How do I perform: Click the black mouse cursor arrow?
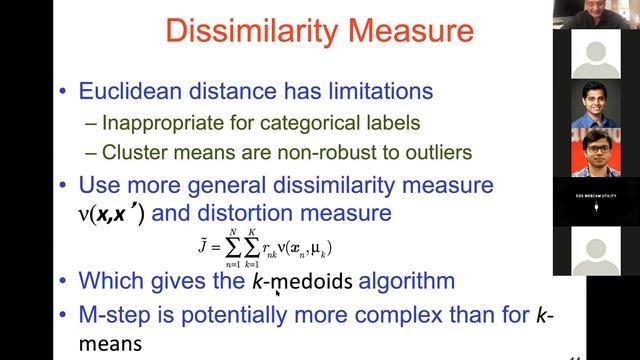pos(277,293)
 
